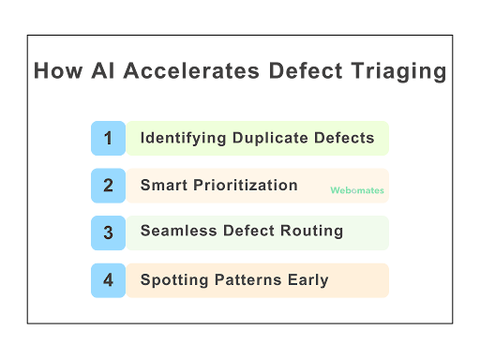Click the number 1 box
(108, 139)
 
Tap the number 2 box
(108, 186)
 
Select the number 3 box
(108, 232)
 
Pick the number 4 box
(108, 279)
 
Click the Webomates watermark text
(357, 190)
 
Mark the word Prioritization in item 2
(245, 185)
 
